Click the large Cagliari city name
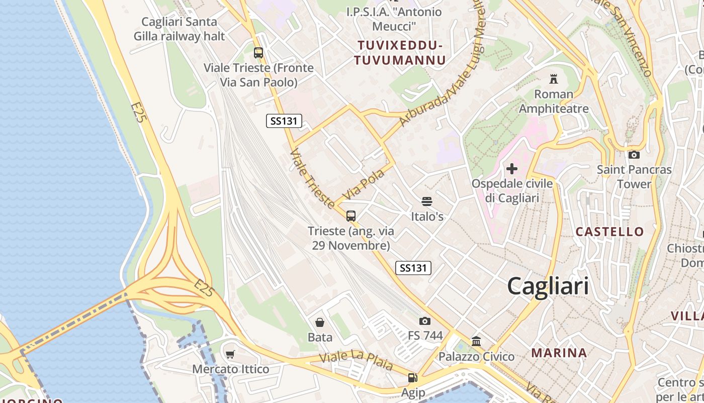(x=548, y=286)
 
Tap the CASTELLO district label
(x=609, y=232)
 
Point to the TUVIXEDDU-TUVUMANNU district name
(x=400, y=53)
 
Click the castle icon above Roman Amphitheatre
(x=554, y=79)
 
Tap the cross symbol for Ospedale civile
(x=512, y=169)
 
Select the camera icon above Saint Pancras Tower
(x=634, y=155)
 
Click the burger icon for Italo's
(x=427, y=201)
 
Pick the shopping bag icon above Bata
(x=320, y=322)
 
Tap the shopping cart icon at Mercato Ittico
(x=230, y=354)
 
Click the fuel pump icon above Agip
(x=412, y=377)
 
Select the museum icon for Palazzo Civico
(x=476, y=342)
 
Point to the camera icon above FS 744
(x=425, y=321)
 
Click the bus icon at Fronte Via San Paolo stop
(x=258, y=53)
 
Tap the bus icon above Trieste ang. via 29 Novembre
(x=351, y=216)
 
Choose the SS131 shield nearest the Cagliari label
(x=413, y=268)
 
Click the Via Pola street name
(x=363, y=184)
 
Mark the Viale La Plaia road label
(x=357, y=362)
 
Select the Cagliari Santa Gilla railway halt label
(x=179, y=29)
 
